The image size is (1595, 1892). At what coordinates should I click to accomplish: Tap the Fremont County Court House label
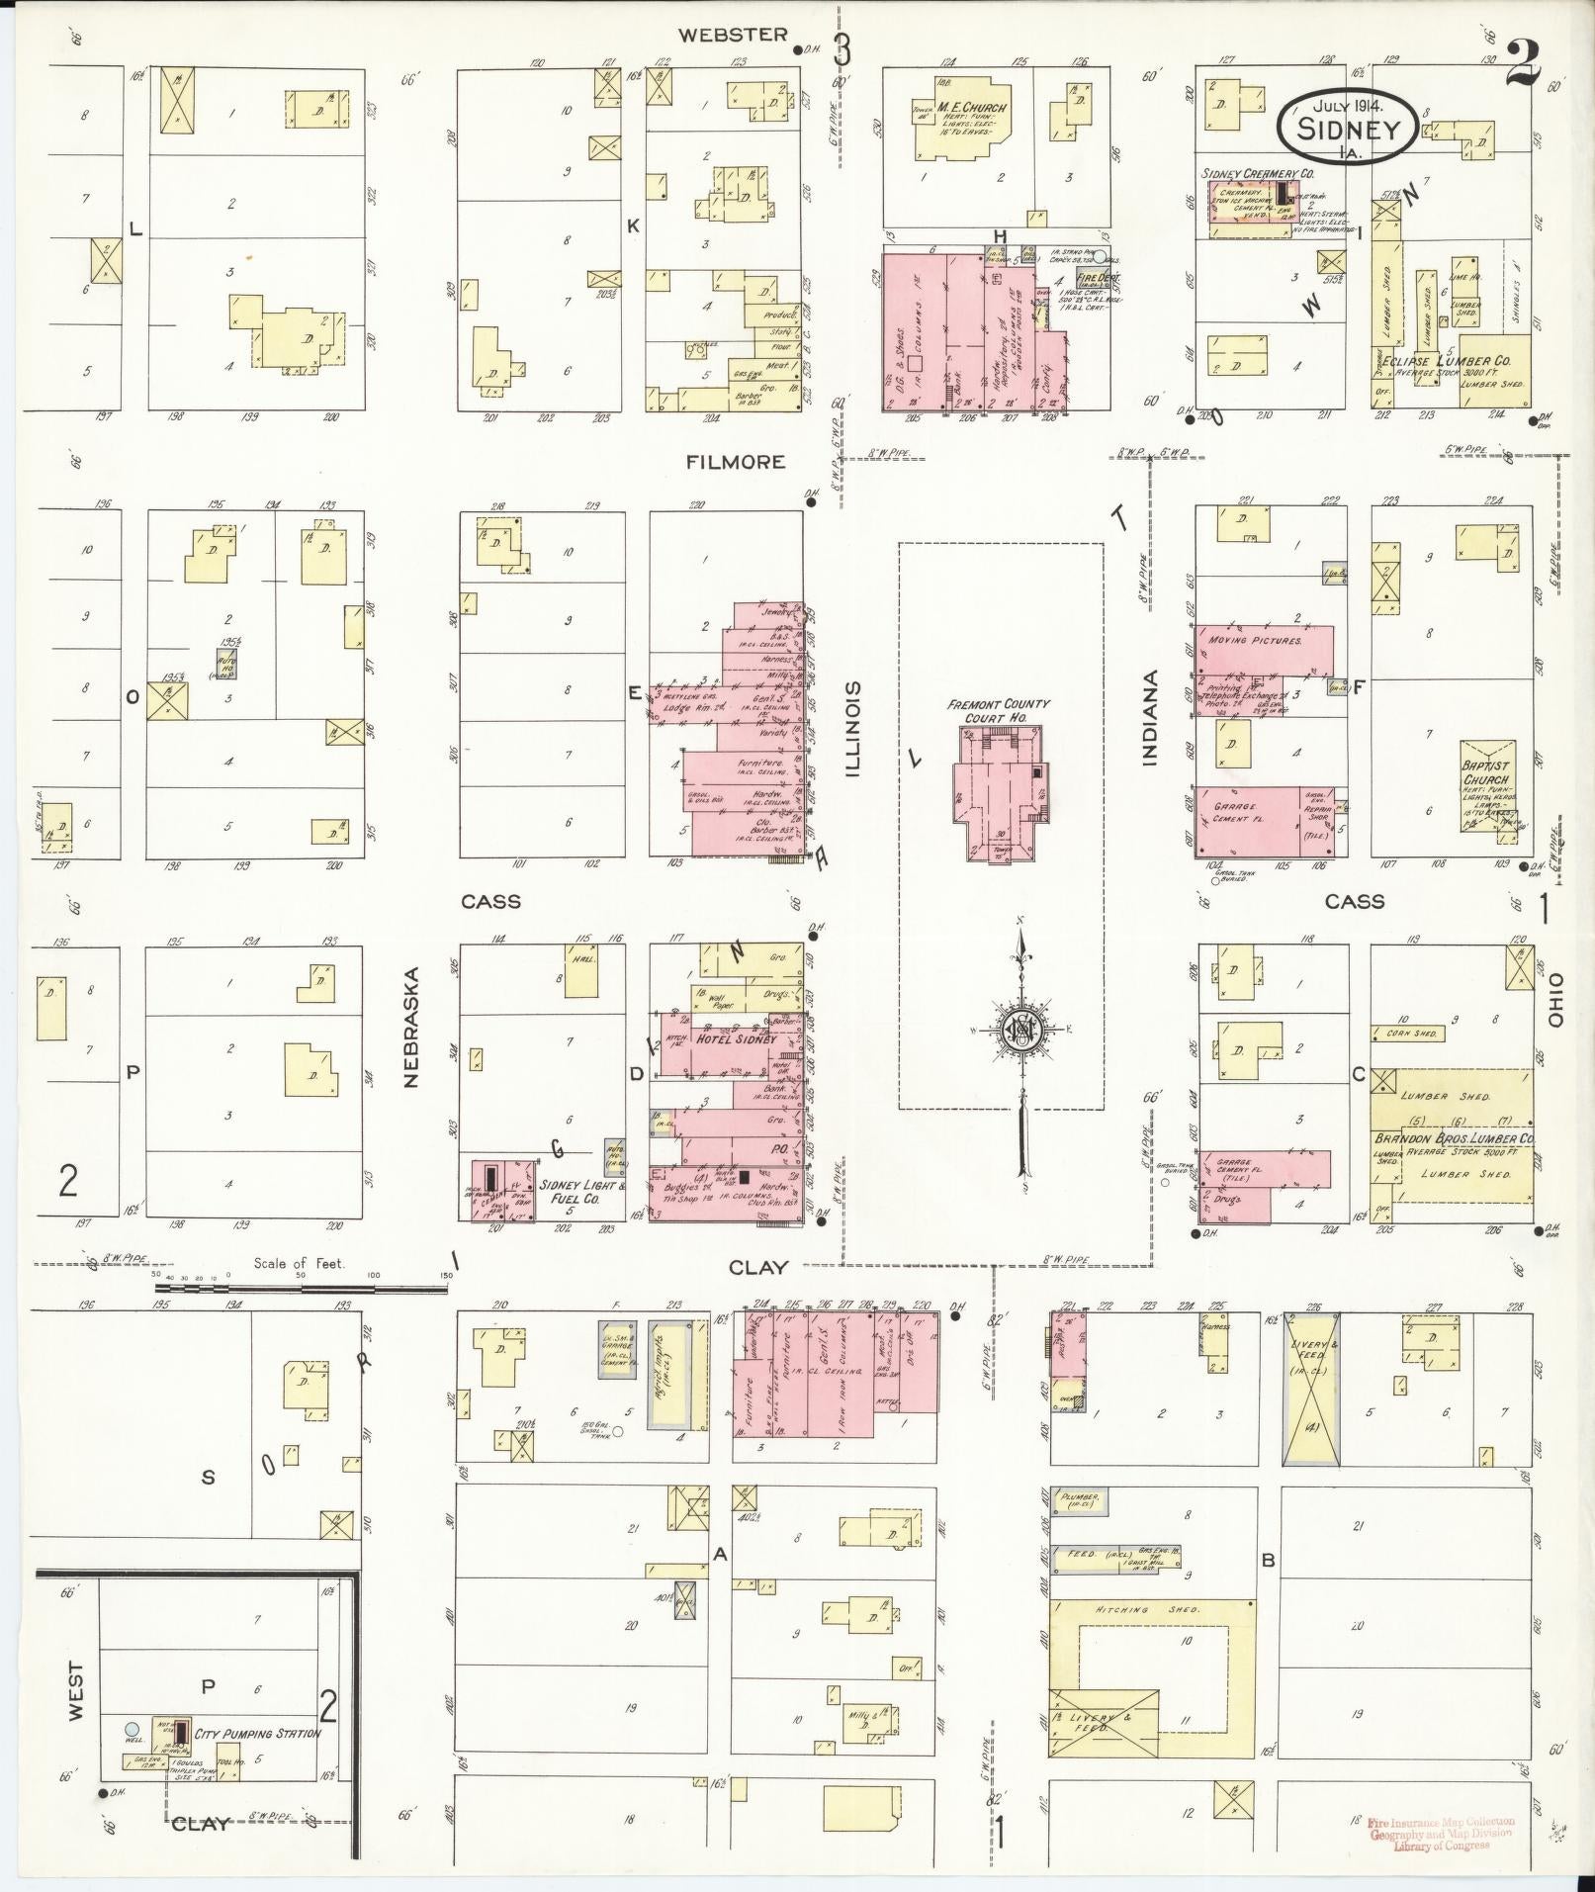[x=998, y=710]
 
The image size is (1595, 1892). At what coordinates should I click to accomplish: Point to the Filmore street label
[x=737, y=461]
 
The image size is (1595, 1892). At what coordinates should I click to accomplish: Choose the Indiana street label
[x=1148, y=718]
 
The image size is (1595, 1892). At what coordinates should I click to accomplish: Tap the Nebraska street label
[x=411, y=1028]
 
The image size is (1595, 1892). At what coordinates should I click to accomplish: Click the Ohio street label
[x=1555, y=1000]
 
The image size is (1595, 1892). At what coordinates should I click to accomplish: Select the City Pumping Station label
[x=257, y=1733]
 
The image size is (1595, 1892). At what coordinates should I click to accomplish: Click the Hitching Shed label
[x=1148, y=1610]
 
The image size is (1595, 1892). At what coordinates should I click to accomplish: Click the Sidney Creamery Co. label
[x=1258, y=173]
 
